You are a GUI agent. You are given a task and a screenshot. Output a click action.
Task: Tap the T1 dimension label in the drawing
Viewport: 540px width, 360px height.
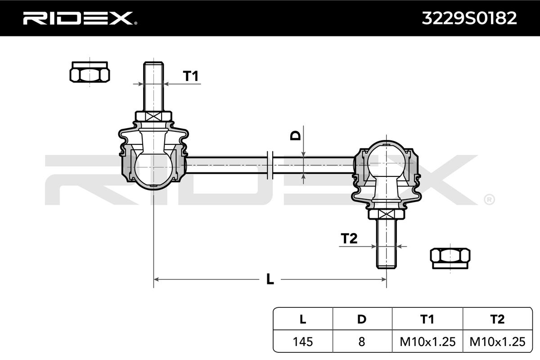pos(191,76)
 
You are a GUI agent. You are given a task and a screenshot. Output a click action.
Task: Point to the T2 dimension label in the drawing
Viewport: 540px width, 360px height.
pos(349,238)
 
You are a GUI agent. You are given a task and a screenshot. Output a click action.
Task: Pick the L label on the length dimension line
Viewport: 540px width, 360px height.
pos(270,279)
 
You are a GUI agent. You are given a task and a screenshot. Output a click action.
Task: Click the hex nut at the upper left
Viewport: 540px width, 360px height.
pos(90,73)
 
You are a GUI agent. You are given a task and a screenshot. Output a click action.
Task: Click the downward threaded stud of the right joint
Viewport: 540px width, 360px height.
pos(386,243)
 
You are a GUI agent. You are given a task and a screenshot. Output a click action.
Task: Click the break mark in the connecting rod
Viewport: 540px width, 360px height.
pos(270,165)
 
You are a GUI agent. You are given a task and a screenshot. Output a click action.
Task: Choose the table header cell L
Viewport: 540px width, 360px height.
pos(303,319)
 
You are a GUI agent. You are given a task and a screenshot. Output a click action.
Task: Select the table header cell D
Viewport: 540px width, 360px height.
pos(362,319)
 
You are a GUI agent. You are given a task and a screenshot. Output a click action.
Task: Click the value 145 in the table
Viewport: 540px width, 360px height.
pos(303,342)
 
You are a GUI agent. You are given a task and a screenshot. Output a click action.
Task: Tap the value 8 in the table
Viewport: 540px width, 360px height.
pos(362,342)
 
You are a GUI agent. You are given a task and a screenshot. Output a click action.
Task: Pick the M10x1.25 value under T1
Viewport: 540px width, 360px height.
pos(427,342)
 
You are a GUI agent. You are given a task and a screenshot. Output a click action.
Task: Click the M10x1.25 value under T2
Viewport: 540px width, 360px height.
pos(497,342)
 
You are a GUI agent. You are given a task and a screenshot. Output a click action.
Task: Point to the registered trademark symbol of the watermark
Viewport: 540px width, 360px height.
pos(489,199)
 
